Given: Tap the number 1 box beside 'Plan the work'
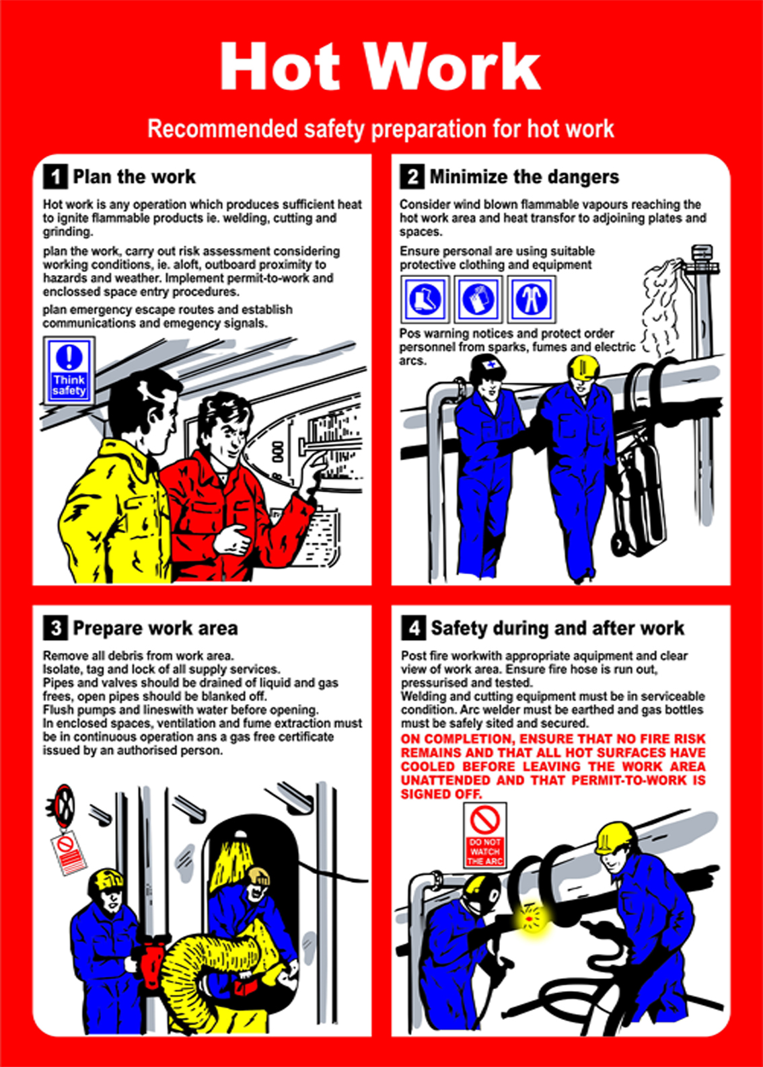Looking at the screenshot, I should click(56, 177).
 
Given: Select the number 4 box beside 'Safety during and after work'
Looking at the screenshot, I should click(414, 628).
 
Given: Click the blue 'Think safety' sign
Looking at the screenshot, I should click(69, 371).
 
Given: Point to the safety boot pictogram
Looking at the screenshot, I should click(425, 299).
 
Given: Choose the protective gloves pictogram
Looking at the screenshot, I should click(478, 299).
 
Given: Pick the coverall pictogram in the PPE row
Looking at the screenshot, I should click(531, 299).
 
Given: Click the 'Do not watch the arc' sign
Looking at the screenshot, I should click(485, 836).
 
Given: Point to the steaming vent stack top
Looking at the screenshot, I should click(701, 259).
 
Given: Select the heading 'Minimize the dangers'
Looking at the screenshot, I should click(524, 177).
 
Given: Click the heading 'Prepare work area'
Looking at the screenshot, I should click(155, 628).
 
